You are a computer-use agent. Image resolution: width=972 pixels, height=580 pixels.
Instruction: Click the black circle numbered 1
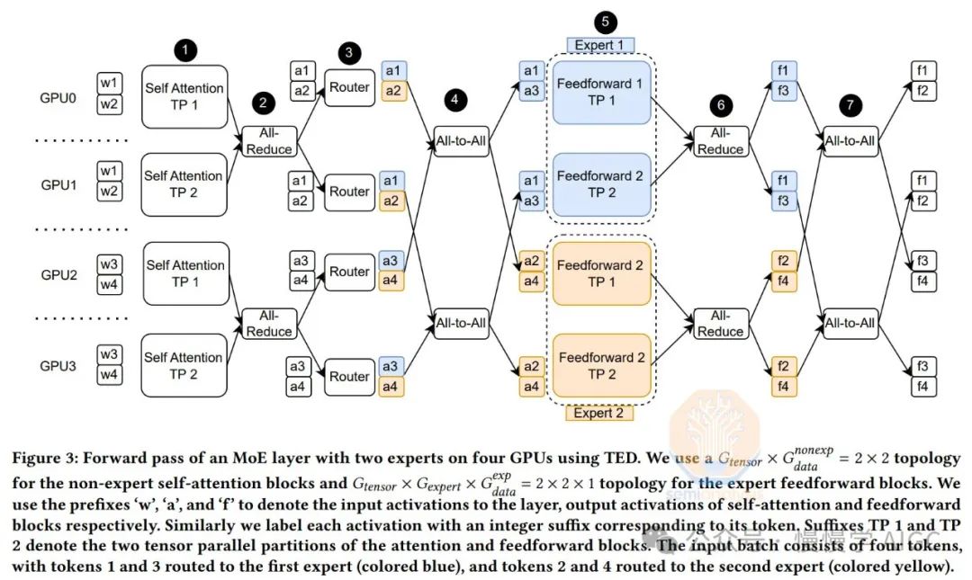(184, 50)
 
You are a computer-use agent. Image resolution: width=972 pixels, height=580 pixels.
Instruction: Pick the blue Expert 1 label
(601, 45)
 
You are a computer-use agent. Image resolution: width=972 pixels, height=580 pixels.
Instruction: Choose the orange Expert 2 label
(599, 413)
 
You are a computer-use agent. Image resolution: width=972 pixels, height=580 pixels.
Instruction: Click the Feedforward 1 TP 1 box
(600, 92)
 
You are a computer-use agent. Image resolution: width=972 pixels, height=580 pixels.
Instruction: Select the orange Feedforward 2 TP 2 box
(600, 366)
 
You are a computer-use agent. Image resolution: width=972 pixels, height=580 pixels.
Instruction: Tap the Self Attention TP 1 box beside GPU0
(184, 96)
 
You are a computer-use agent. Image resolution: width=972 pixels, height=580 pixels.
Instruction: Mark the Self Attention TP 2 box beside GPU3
(184, 366)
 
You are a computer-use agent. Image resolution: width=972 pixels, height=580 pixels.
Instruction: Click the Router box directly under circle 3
(349, 87)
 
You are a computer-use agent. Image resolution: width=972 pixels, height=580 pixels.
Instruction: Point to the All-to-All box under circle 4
(461, 139)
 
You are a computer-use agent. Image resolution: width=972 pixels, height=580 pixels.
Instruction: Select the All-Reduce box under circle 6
(720, 140)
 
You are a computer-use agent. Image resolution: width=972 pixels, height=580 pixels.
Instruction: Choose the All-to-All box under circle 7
(850, 139)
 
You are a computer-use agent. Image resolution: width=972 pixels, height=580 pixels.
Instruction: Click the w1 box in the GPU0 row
(109, 84)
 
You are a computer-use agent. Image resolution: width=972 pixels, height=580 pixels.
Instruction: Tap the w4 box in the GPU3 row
(109, 374)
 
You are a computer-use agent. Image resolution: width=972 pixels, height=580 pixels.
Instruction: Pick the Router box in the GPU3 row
(349, 376)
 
